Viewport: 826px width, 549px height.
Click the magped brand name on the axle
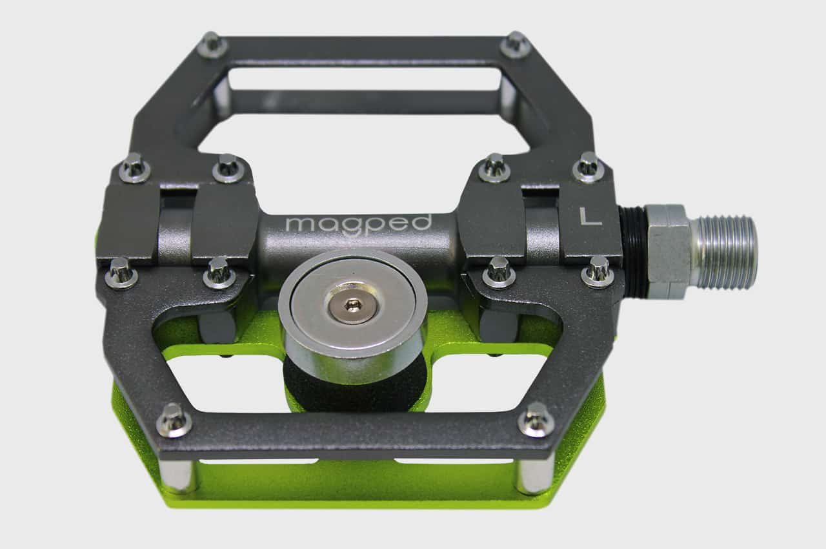coord(358,223)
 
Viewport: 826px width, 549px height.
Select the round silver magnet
coord(353,315)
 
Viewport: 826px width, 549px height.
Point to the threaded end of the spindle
coord(724,253)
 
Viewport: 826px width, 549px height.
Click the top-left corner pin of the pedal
coord(212,45)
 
